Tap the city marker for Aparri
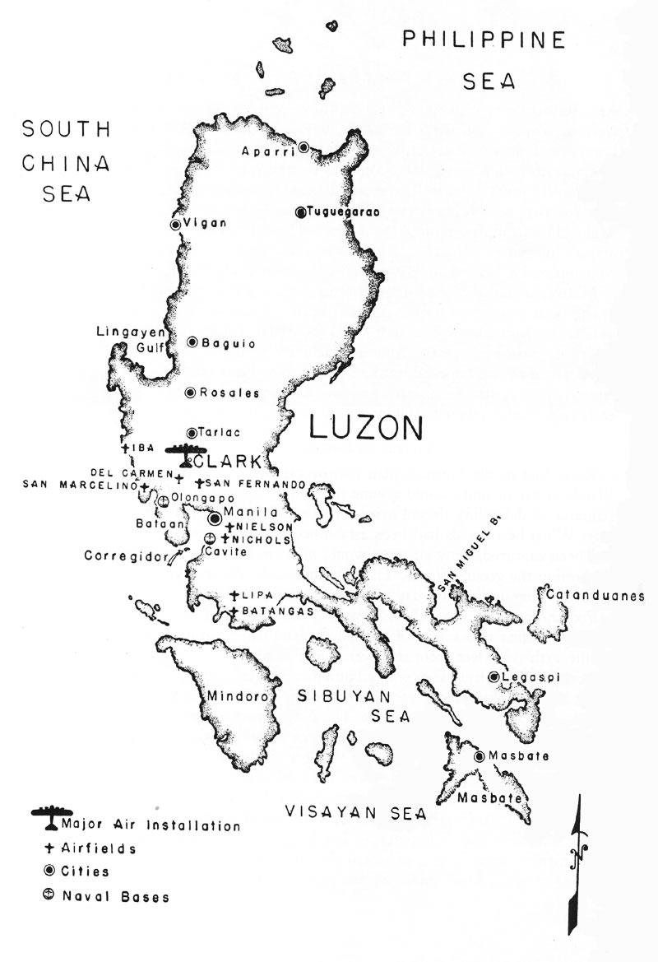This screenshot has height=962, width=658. click(304, 147)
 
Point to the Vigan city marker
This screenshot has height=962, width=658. click(174, 224)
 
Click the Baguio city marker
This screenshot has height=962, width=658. click(192, 342)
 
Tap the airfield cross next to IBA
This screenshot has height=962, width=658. click(126, 448)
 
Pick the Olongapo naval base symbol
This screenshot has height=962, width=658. click(164, 500)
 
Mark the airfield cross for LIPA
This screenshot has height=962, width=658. click(234, 595)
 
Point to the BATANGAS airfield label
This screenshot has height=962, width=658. click(268, 612)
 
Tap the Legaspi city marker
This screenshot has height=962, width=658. click(493, 677)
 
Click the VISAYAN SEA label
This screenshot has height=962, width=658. click(355, 812)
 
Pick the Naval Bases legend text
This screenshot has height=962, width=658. click(116, 896)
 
